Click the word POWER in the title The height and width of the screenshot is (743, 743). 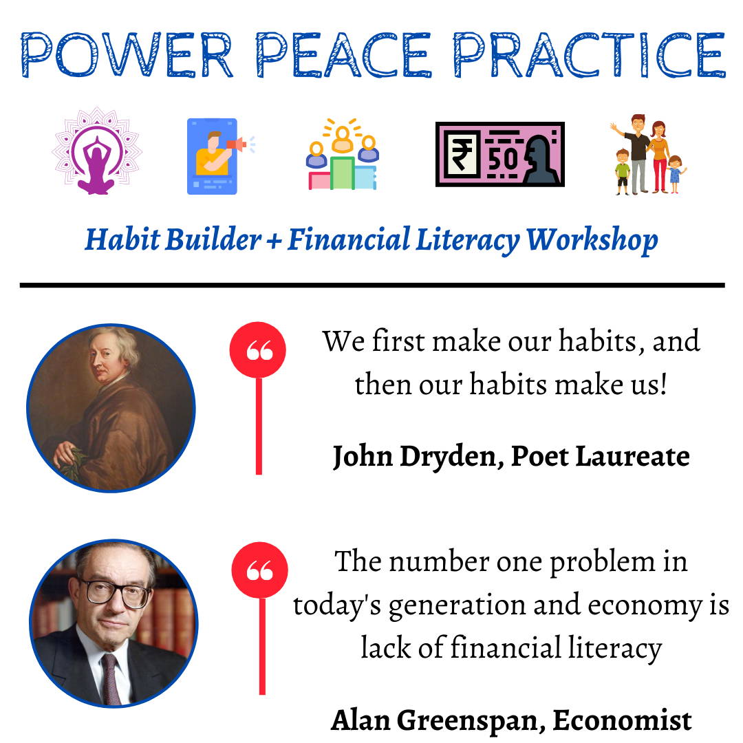[127, 54]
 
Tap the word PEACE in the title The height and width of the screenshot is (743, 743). [343, 54]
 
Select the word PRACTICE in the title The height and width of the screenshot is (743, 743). [590, 54]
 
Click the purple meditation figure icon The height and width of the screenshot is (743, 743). [97, 151]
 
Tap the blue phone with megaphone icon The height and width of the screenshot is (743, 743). [219, 156]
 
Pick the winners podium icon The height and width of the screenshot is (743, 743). [342, 155]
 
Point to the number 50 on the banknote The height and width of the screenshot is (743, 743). [503, 159]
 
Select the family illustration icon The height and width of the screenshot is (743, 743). [648, 155]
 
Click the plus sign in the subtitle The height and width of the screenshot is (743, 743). [274, 241]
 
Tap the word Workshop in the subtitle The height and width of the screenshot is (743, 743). [592, 241]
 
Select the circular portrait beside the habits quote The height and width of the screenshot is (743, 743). [111, 408]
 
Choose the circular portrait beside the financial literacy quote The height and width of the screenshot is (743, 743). [114, 623]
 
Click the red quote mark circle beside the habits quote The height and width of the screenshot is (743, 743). [258, 350]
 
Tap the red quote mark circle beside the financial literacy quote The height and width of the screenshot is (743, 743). [259, 570]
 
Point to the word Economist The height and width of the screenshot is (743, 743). [622, 721]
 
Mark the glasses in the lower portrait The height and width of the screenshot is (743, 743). [115, 593]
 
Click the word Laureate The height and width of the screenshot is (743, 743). [633, 456]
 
